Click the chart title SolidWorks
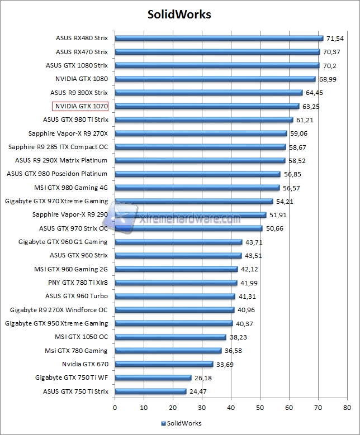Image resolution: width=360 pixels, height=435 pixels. click(x=180, y=15)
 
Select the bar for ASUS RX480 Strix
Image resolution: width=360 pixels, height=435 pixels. click(x=219, y=39)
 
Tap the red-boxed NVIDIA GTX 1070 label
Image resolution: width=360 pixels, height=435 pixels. click(x=80, y=106)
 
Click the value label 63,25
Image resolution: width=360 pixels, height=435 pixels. click(x=311, y=106)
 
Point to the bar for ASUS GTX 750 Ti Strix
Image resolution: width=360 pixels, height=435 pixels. click(x=150, y=391)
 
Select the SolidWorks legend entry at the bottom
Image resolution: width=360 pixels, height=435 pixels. click(x=181, y=423)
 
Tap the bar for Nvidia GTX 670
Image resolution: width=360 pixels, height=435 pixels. click(x=164, y=364)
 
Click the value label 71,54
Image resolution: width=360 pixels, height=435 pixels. click(x=335, y=39)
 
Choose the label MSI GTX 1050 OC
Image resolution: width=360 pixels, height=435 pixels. click(x=81, y=337)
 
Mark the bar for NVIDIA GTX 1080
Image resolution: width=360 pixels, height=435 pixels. click(x=215, y=79)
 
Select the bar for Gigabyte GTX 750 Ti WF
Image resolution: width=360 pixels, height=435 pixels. click(x=153, y=377)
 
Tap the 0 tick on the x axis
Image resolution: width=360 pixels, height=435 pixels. click(x=115, y=408)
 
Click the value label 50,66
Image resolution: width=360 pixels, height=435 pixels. click(x=274, y=228)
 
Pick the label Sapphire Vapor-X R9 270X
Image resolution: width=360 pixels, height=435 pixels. click(x=68, y=133)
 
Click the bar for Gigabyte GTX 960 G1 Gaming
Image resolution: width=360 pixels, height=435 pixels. click(x=178, y=242)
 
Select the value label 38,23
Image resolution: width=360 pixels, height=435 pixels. click(x=238, y=337)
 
